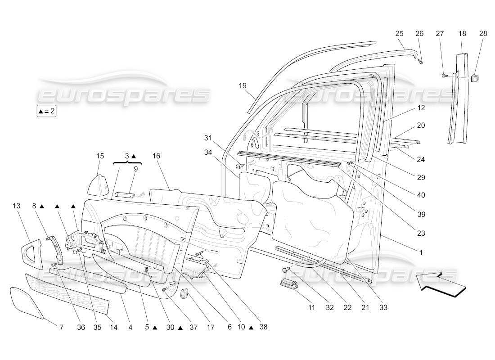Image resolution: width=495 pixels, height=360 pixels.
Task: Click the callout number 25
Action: tap(399, 34)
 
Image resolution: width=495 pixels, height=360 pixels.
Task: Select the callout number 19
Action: tap(243, 85)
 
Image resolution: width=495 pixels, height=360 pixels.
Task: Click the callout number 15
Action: tap(100, 156)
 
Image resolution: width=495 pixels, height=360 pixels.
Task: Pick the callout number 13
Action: tap(17, 206)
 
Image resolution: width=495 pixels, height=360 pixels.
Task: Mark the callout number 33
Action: tap(383, 308)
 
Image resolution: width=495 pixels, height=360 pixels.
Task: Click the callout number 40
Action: tap(421, 195)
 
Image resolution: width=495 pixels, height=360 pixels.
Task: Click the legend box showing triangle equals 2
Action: tap(46, 111)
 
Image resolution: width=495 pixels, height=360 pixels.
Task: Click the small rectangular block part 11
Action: tap(288, 284)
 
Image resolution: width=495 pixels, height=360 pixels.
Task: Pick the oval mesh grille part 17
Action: tap(185, 293)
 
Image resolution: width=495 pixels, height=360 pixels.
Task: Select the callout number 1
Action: tap(421, 253)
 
